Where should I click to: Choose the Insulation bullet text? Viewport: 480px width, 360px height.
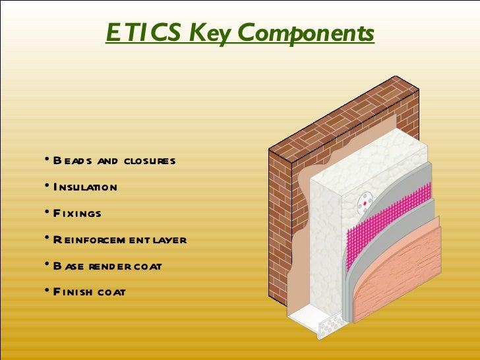tap(85, 187)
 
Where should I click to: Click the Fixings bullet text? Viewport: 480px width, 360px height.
tap(77, 214)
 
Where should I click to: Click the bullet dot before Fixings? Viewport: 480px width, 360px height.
tap(47, 212)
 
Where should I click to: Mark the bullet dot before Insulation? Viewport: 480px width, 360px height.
tap(47, 186)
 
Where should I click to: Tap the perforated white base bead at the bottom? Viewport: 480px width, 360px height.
tap(330, 322)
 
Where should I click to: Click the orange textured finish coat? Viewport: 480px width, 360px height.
tap(402, 277)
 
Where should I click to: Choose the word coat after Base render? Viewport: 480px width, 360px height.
tap(150, 266)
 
